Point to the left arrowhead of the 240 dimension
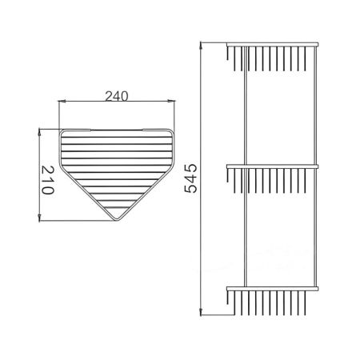(62, 102)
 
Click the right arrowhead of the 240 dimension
(174, 102)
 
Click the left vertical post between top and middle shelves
(242, 104)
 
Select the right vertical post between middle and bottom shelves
(313, 228)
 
